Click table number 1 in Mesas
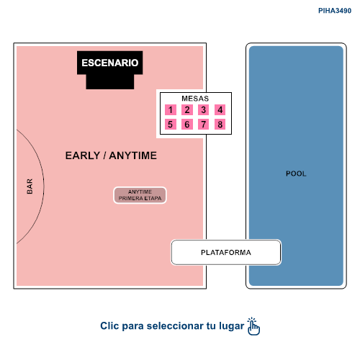click(171, 110)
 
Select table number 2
click(187, 110)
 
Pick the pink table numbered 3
click(203, 110)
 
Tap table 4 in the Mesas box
click(220, 110)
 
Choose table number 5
click(171, 125)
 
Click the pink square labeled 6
click(187, 125)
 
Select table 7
click(203, 125)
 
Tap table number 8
click(220, 125)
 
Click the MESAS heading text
click(195, 99)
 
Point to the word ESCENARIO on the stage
click(110, 63)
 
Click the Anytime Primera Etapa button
click(140, 195)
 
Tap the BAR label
click(30, 186)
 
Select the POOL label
click(296, 174)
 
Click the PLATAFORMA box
click(226, 252)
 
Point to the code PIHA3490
click(335, 11)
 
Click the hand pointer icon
click(253, 326)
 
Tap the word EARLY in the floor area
click(83, 156)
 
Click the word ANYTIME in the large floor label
click(133, 156)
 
